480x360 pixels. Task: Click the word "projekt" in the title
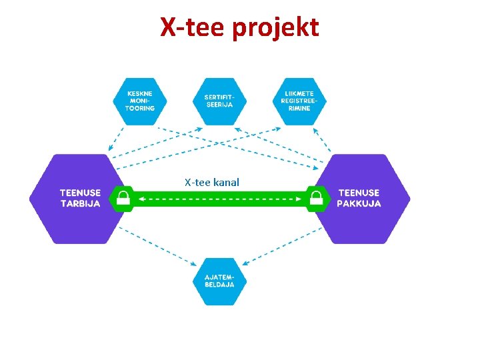[278, 28]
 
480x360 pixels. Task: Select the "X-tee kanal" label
[211, 182]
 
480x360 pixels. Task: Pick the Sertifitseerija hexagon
[219, 102]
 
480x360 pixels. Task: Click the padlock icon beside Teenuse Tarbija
[123, 198]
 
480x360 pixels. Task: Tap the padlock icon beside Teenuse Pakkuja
[317, 198]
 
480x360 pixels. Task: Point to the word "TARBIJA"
[80, 204]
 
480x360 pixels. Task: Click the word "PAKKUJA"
[359, 204]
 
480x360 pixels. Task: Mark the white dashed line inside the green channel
[219, 198]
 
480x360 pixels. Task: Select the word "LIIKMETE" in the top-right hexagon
[300, 93]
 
